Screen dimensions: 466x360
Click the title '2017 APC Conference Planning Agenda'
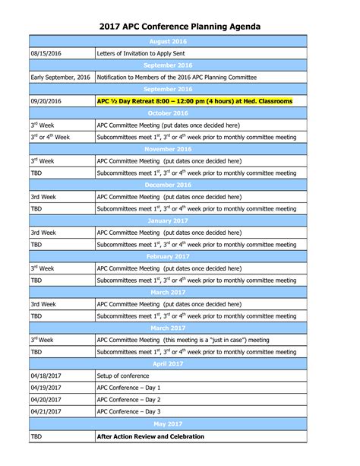coord(180,27)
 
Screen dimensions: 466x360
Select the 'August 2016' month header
coord(169,42)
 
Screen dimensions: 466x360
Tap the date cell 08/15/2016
coord(46,54)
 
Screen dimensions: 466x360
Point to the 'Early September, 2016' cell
coord(60,78)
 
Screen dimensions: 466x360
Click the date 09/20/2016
coord(46,100)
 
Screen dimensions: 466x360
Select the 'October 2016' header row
coord(169,113)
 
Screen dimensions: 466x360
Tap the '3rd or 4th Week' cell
coord(52,137)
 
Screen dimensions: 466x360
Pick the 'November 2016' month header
coord(169,149)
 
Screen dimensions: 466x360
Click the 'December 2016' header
coord(169,185)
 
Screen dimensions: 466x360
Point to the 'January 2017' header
coord(169,221)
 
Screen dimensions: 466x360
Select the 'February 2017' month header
coord(169,257)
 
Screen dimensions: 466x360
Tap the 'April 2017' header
coord(169,364)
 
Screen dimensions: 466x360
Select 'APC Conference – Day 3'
coord(129,411)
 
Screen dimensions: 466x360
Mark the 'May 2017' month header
coord(169,423)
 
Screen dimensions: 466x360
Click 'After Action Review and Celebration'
coord(150,437)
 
